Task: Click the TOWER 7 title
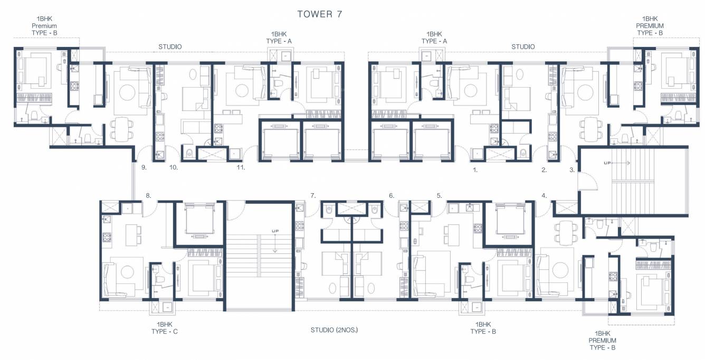pyautogui.click(x=320, y=14)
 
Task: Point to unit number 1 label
pyautogui.click(x=475, y=170)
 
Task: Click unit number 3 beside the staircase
pyautogui.click(x=572, y=170)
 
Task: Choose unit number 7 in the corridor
pyautogui.click(x=313, y=196)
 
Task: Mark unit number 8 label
pyautogui.click(x=149, y=196)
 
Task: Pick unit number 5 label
pyautogui.click(x=439, y=196)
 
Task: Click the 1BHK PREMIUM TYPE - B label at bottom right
pyautogui.click(x=602, y=340)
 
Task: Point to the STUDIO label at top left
pyautogui.click(x=170, y=47)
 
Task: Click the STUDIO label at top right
pyautogui.click(x=523, y=47)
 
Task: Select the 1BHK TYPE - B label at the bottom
pyautogui.click(x=485, y=328)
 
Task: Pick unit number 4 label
pyautogui.click(x=544, y=196)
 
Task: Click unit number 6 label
pyautogui.click(x=392, y=196)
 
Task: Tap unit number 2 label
pyautogui.click(x=544, y=170)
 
